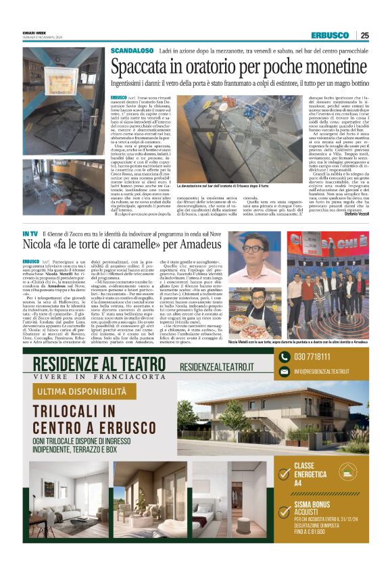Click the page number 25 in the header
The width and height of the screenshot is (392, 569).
click(364, 36)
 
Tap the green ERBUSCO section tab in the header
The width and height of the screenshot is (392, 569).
click(330, 36)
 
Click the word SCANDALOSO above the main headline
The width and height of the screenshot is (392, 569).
click(132, 51)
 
